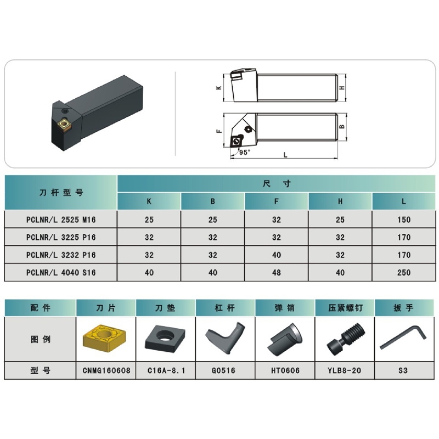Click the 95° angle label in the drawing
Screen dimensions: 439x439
[244, 152]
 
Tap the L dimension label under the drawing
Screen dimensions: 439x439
[285, 155]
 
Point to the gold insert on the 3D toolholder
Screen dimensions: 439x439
[64, 126]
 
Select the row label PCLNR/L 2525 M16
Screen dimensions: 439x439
[61, 220]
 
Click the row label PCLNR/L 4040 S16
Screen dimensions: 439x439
[61, 272]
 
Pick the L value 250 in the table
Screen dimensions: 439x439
[404, 272]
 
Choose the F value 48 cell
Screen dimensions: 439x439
[277, 272]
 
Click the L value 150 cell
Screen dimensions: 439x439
[404, 220]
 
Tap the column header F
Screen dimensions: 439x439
[277, 201]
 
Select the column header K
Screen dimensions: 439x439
[149, 201]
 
